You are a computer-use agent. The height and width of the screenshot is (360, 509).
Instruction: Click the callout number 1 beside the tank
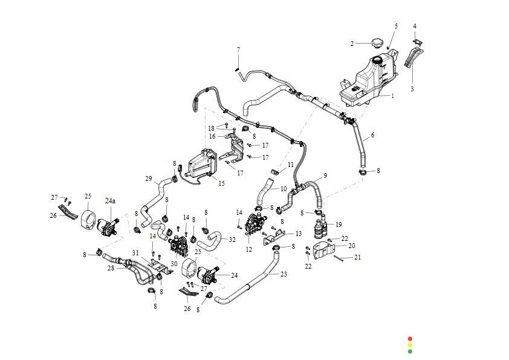point(392,96)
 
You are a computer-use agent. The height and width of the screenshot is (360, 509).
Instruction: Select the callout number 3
point(412,88)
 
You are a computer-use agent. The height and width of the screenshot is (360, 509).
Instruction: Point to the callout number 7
point(238,49)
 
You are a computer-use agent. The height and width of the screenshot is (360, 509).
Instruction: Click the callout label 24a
point(110,200)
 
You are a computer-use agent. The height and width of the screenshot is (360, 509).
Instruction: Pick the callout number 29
point(148,178)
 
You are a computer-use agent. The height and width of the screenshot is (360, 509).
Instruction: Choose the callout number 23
point(284,273)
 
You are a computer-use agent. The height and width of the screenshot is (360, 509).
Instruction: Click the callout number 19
point(339,224)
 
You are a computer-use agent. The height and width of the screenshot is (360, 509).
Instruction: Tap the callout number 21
point(357,258)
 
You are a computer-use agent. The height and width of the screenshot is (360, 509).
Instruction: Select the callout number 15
point(221,183)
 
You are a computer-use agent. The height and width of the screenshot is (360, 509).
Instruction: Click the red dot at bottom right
point(410,338)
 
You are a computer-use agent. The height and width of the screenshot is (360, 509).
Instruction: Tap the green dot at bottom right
point(410,351)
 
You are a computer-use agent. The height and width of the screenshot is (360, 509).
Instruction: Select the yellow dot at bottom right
point(410,345)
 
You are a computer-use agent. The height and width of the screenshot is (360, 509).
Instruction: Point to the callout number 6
point(372,135)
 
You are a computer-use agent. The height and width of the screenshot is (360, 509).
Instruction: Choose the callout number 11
point(291,165)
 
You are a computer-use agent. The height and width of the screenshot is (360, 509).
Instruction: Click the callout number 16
point(212,136)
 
